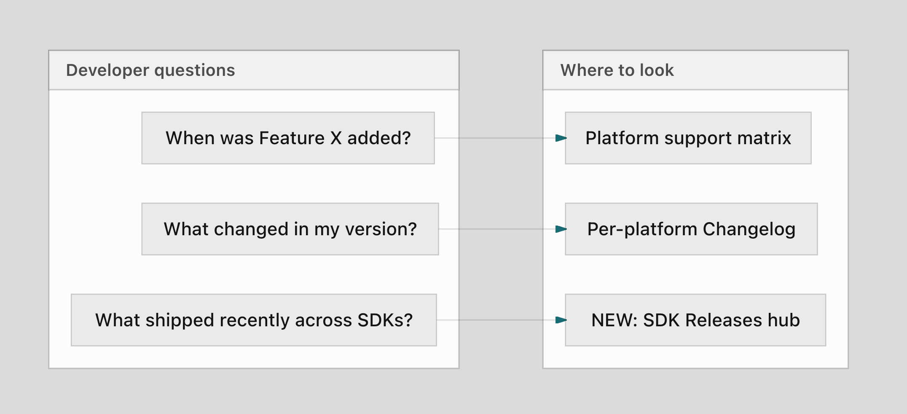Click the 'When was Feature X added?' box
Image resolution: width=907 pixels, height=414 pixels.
click(288, 138)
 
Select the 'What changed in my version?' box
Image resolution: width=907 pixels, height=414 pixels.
click(290, 229)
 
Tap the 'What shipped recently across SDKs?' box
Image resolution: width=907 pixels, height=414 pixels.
click(254, 320)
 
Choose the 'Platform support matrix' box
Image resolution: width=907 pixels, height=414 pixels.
click(688, 138)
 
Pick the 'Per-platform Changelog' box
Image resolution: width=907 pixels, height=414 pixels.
click(691, 229)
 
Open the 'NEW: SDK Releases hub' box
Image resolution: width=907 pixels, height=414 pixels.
click(695, 320)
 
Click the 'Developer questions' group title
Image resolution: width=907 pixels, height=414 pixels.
click(150, 70)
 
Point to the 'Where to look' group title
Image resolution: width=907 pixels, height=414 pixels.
click(617, 70)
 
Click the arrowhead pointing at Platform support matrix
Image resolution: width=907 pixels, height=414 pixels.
click(561, 138)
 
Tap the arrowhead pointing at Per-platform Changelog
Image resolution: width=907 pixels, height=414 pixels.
click(561, 229)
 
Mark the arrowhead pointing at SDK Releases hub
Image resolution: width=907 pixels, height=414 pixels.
click(561, 320)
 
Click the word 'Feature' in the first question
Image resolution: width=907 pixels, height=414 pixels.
click(292, 138)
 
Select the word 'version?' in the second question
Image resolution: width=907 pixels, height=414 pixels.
click(381, 229)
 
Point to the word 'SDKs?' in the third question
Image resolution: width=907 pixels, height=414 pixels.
click(385, 320)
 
